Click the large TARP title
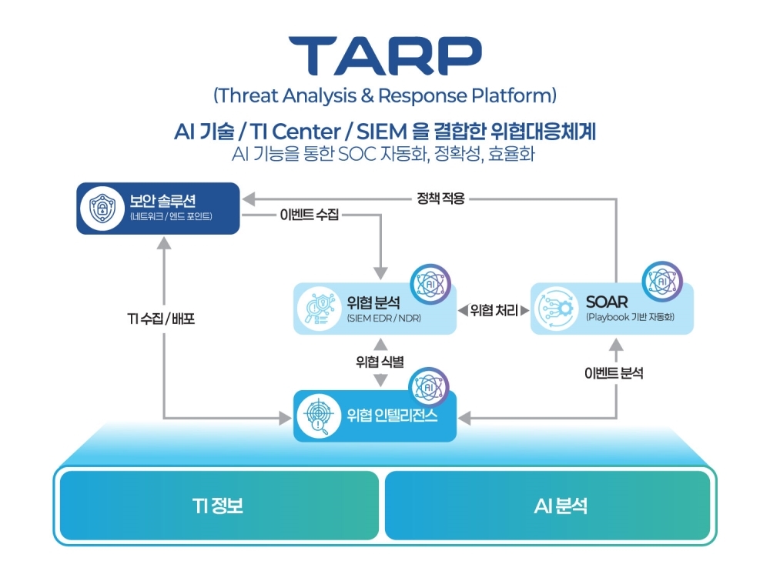(x=384, y=55)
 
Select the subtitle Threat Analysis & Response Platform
(x=384, y=96)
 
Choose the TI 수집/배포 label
(x=161, y=318)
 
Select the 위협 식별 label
(x=380, y=362)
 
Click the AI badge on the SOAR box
(x=661, y=282)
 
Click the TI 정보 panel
(x=219, y=506)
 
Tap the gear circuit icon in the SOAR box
(x=557, y=309)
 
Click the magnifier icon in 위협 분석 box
(x=320, y=309)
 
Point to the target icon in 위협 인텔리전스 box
(x=320, y=416)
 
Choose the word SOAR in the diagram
(x=607, y=302)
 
